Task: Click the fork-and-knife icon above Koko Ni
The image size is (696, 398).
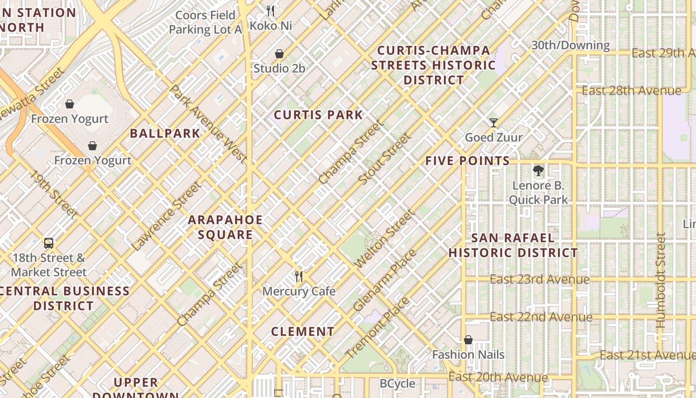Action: tap(270, 10)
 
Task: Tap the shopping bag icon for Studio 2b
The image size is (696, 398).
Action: tap(279, 54)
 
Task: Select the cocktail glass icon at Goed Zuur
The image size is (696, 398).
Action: tap(493, 122)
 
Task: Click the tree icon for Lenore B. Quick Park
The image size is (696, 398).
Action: tap(538, 171)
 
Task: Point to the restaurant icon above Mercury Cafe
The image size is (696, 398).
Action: tap(299, 277)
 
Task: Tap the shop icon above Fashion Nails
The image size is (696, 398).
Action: tap(468, 340)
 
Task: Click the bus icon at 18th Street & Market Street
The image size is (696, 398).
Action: tap(49, 243)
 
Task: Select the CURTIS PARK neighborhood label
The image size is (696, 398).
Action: tap(319, 115)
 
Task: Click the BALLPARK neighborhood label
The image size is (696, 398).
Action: tap(165, 133)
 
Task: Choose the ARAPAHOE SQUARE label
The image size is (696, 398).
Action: tap(225, 227)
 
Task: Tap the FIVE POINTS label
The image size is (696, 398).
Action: tap(467, 161)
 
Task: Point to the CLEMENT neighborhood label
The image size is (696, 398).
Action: tap(303, 331)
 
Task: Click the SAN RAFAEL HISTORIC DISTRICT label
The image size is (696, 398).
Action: tap(513, 245)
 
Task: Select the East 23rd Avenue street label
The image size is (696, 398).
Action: tap(539, 280)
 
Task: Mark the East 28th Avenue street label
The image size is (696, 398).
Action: tap(631, 91)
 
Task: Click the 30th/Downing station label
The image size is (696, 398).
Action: tap(570, 45)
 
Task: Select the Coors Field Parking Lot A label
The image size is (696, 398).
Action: tap(205, 22)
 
